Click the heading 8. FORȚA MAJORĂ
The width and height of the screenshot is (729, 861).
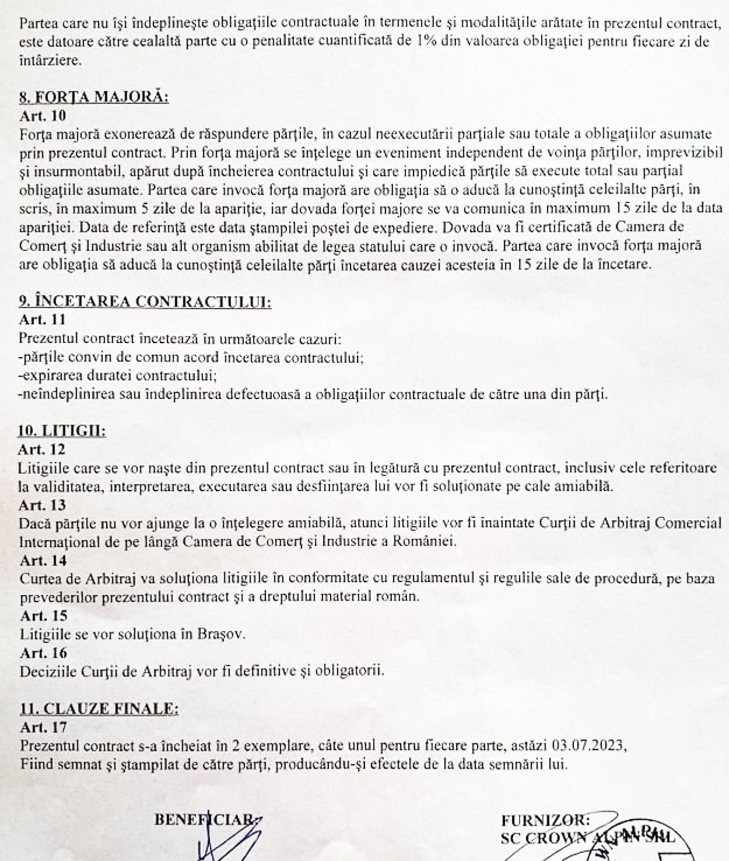[x=94, y=97]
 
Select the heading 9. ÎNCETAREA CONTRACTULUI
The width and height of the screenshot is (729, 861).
[x=145, y=301]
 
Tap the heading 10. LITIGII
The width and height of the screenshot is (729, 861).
[x=61, y=431]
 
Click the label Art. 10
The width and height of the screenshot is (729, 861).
[x=43, y=116]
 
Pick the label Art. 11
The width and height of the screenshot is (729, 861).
[x=43, y=320]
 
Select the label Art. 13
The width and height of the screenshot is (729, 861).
[x=43, y=505]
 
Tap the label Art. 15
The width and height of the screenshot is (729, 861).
[x=44, y=616]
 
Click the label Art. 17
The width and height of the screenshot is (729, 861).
[x=44, y=728]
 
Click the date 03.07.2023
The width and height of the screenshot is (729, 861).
[x=589, y=746]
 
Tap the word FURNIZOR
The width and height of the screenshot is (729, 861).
[x=545, y=821]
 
